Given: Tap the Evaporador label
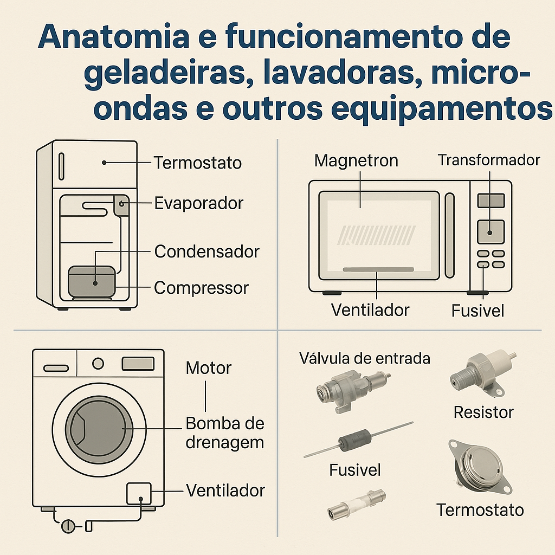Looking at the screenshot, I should (198, 203).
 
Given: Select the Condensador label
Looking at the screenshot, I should (206, 251).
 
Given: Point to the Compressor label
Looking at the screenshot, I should (201, 288).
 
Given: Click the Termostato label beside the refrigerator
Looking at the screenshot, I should (198, 163).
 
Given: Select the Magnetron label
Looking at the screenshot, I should (356, 161).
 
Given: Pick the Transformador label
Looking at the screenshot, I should (489, 160).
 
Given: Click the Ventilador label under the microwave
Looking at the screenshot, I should (370, 310).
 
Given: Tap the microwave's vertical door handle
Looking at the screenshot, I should (449, 236).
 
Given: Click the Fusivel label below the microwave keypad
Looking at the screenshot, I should (477, 311).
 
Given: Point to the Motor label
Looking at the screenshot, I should (208, 369).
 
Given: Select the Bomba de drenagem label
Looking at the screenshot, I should (224, 433).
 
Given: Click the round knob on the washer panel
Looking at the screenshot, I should (98, 363).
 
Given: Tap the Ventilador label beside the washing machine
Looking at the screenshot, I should (225, 491).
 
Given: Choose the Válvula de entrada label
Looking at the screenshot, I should (365, 358).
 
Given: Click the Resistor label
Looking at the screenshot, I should (483, 412).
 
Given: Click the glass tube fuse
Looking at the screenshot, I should (356, 504).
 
